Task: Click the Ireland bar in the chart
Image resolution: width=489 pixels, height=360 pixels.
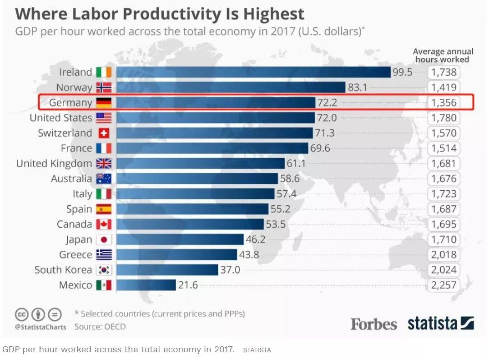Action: click(253, 72)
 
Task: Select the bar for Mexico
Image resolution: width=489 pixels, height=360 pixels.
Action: click(146, 285)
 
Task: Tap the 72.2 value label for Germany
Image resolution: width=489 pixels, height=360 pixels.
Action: click(327, 102)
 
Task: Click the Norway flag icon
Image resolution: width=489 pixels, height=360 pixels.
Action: click(104, 87)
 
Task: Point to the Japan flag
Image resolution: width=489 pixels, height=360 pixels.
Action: click(104, 239)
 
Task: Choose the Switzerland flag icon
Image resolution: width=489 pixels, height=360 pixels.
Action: click(104, 133)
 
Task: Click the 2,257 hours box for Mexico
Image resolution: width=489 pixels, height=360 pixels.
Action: click(443, 285)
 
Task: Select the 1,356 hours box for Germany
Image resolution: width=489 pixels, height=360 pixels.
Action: click(443, 102)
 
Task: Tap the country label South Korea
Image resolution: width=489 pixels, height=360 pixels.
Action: click(63, 270)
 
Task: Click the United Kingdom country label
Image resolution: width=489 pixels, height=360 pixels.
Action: click(54, 163)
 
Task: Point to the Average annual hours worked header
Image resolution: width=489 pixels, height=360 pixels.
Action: click(443, 55)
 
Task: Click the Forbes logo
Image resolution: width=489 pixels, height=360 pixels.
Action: click(373, 324)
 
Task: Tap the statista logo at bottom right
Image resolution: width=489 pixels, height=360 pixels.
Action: click(440, 323)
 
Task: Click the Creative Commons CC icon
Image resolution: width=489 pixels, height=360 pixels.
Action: click(22, 314)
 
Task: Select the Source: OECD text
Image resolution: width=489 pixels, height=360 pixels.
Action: click(100, 326)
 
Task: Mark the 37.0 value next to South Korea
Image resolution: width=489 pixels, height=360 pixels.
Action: click(230, 270)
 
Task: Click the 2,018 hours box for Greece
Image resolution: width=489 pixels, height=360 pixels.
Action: click(443, 254)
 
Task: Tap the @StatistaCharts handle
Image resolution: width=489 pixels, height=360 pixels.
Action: click(40, 327)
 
